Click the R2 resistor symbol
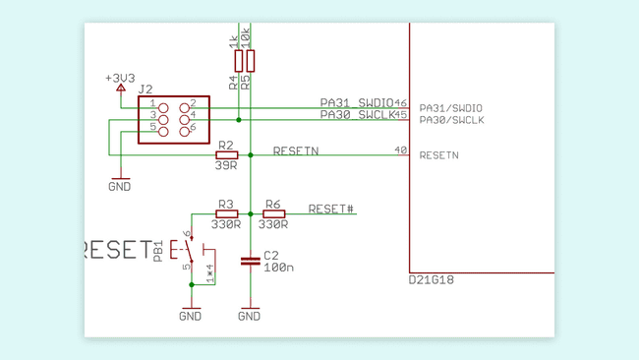pyautogui.click(x=226, y=154)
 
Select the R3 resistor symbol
pyautogui.click(x=226, y=213)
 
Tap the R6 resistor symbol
pyautogui.click(x=273, y=213)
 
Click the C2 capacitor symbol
pyautogui.click(x=250, y=261)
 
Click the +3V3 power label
pyautogui.click(x=120, y=77)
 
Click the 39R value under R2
pyautogui.click(x=227, y=165)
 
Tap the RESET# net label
pyautogui.click(x=331, y=210)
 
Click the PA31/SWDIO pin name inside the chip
pyautogui.click(x=451, y=107)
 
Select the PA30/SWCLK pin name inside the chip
pyautogui.click(x=451, y=120)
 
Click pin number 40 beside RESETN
pyautogui.click(x=400, y=150)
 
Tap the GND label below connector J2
pyautogui.click(x=120, y=186)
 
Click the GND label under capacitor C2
pyautogui.click(x=250, y=317)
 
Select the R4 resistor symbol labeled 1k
pyautogui.click(x=238, y=61)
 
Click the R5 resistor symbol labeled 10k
pyautogui.click(x=251, y=61)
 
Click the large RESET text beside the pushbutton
pyautogui.click(x=115, y=250)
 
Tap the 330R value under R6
pyautogui.click(x=273, y=224)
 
